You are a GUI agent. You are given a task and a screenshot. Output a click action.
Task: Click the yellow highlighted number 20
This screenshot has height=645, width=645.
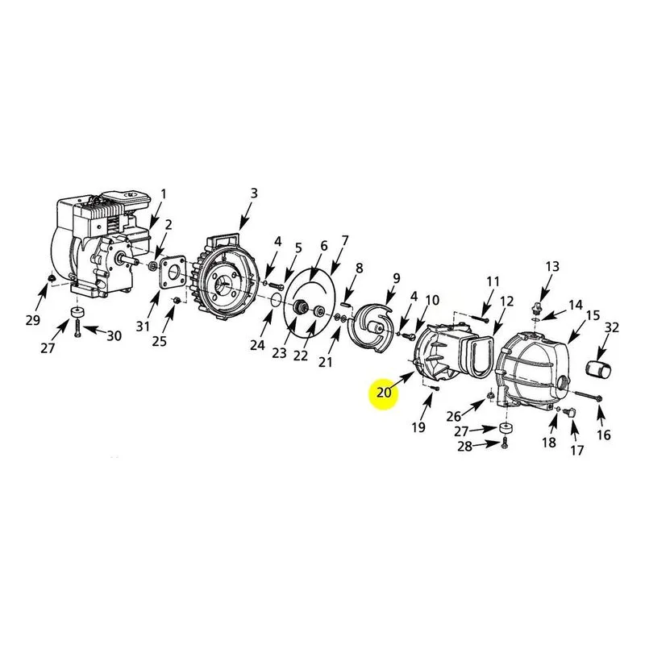pos(384,393)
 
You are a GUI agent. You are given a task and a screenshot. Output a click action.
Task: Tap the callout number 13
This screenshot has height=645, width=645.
pos(552,267)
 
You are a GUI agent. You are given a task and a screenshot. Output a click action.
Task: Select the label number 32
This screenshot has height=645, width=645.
pos(612,328)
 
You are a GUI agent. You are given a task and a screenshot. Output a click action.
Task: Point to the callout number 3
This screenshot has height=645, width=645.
pos(254,193)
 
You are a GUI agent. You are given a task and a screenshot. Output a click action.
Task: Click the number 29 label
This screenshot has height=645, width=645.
pos(33,319)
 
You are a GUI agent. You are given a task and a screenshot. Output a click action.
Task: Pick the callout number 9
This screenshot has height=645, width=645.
pos(396,278)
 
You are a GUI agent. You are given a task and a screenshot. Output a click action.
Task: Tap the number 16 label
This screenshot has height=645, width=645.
pos(603,435)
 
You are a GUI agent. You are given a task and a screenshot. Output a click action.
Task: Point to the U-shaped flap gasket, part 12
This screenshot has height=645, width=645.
pos(480,356)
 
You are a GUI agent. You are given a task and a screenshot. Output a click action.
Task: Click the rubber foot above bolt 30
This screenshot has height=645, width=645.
pos(77,312)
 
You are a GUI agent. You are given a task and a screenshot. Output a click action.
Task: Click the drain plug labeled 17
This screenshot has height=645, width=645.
pos(571,412)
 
